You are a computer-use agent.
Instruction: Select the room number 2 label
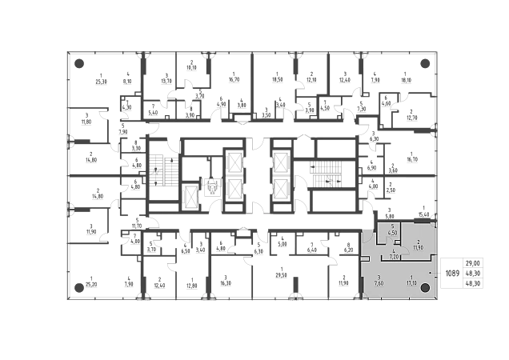pyautogui.click(x=419, y=242)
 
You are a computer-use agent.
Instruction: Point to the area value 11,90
pyautogui.click(x=419, y=247)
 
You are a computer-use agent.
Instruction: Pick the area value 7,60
pyautogui.click(x=378, y=282)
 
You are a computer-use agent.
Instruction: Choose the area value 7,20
pyautogui.click(x=394, y=258)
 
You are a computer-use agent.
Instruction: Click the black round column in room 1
pyautogui.click(x=427, y=288)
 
